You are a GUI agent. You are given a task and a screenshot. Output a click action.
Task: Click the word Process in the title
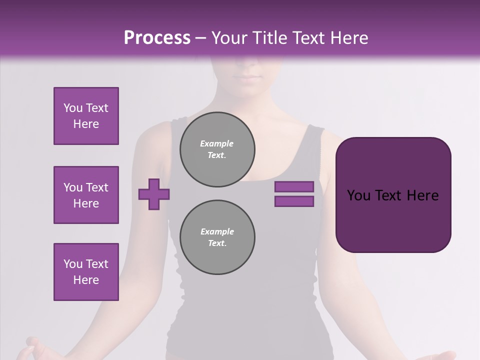click(157, 38)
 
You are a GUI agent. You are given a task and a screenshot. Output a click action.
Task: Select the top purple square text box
click(86, 116)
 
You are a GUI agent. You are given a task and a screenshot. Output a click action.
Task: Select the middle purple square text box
click(86, 195)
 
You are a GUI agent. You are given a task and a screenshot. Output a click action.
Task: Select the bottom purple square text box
click(86, 272)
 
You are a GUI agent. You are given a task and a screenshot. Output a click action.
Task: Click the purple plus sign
click(154, 194)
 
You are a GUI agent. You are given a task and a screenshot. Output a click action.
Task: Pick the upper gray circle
click(217, 149)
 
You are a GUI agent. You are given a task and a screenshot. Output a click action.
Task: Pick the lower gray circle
click(217, 237)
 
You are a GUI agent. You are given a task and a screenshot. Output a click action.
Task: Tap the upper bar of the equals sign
click(294, 186)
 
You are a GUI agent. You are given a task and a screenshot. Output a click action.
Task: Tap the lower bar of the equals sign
click(294, 201)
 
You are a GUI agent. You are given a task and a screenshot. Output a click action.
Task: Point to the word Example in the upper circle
click(216, 143)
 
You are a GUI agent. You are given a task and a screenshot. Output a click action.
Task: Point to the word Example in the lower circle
click(217, 231)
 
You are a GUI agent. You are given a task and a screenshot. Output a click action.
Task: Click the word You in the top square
click(72, 108)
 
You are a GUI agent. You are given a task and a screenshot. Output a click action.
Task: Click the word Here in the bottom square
click(86, 280)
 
